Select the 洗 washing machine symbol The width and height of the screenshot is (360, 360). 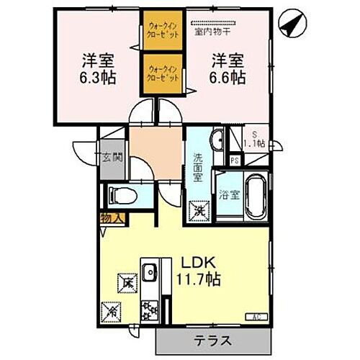click(197, 210)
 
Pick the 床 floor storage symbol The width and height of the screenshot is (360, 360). click(127, 282)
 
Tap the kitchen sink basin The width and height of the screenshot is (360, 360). click(150, 272)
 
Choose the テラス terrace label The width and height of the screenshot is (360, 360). click(212, 340)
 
